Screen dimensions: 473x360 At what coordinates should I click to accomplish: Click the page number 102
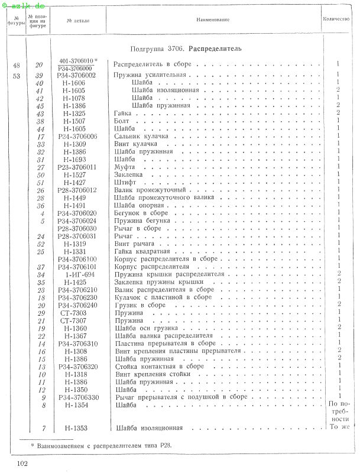[23, 462]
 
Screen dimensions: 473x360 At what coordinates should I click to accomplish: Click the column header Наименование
[212, 20]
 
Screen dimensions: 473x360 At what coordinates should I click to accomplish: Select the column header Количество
[336, 20]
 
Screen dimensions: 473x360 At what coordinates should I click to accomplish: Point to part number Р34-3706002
[77, 75]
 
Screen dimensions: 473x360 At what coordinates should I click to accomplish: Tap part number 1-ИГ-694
[77, 274]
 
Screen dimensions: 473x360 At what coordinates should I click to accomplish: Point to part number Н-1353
[77, 427]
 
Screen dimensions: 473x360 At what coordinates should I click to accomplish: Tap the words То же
[337, 427]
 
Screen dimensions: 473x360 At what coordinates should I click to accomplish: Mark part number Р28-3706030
[77, 228]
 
